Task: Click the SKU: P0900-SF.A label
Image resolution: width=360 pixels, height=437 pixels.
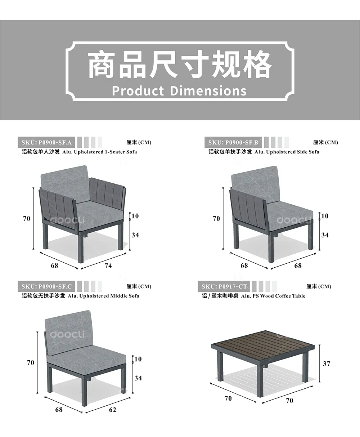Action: (46, 143)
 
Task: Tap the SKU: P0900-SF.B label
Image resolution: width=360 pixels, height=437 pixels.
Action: (233, 143)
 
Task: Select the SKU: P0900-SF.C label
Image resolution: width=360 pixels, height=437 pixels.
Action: (46, 286)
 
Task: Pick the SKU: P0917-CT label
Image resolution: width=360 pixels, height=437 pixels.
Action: (224, 286)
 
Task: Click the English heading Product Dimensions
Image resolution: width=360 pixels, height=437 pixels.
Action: (179, 91)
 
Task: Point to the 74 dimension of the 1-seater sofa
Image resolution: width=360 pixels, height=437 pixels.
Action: (108, 266)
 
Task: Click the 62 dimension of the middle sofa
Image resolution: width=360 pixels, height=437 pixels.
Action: (113, 410)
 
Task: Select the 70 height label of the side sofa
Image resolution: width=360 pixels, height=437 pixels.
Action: (216, 219)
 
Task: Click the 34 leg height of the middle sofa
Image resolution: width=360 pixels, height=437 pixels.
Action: (138, 378)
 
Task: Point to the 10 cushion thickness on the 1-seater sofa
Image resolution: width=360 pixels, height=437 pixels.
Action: (135, 216)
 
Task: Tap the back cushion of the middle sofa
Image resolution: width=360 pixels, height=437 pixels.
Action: (69, 333)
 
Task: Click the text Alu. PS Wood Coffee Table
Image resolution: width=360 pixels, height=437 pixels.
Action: (273, 296)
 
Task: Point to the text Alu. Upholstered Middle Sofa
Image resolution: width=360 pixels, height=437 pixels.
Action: (104, 296)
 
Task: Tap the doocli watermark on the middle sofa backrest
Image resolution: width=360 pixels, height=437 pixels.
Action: (68, 334)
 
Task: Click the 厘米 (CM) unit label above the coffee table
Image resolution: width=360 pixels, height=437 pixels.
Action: (319, 286)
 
